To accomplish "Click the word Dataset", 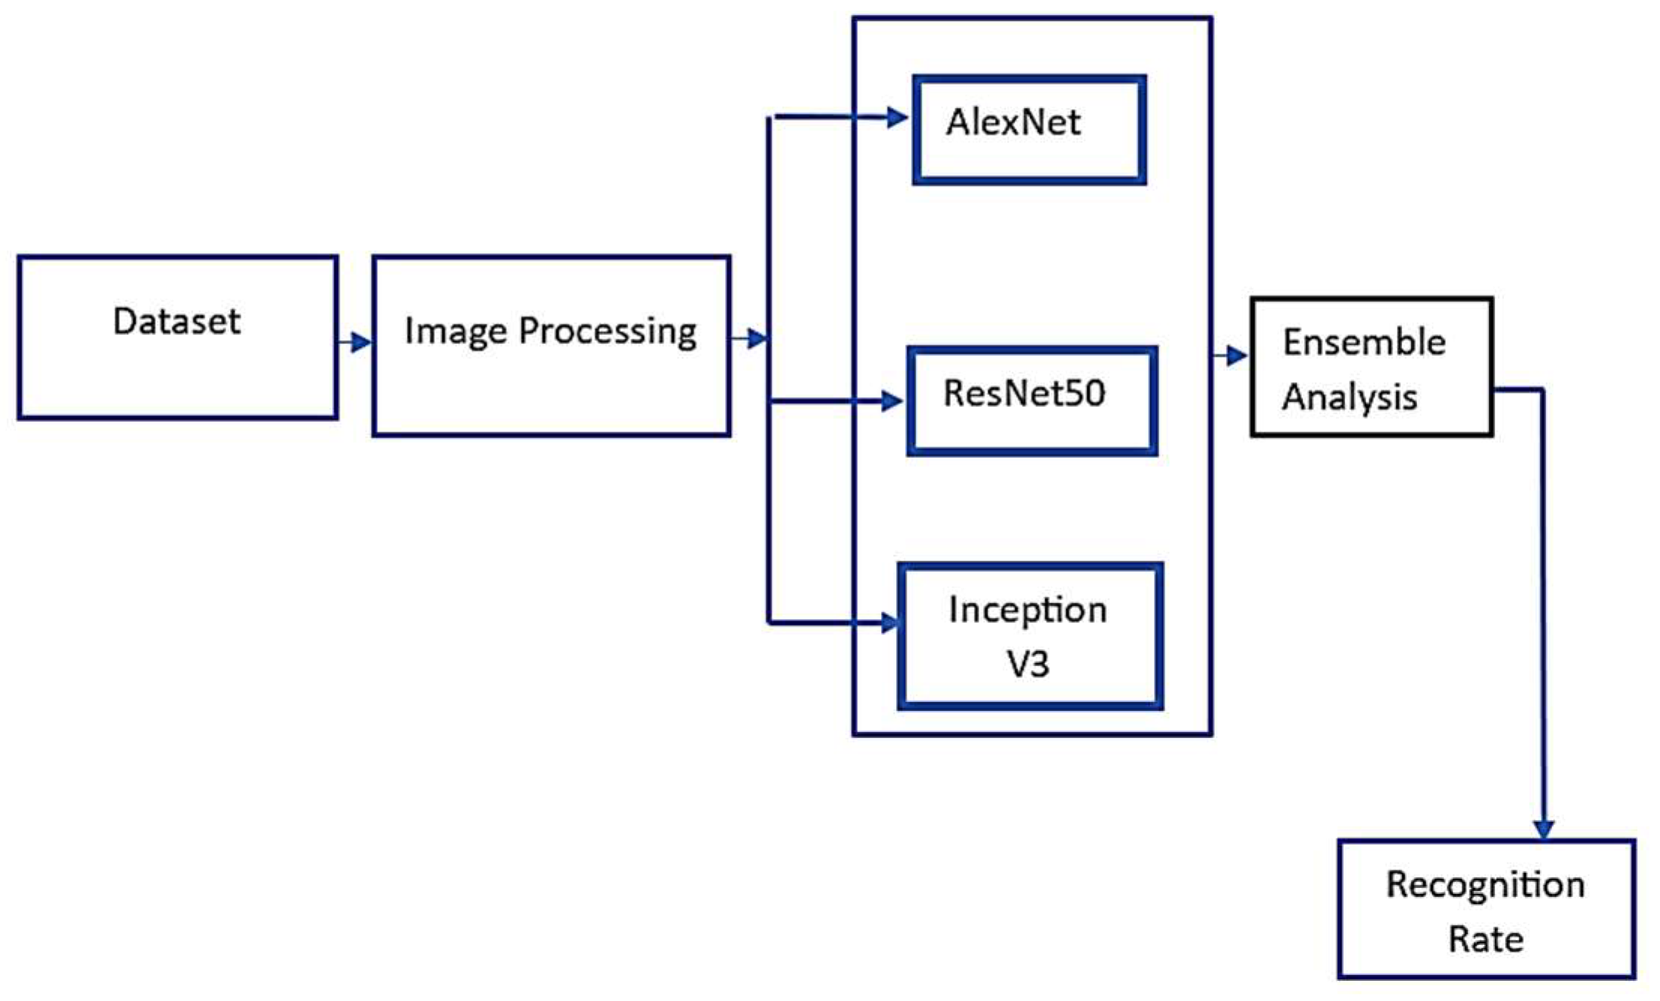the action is pyautogui.click(x=176, y=322).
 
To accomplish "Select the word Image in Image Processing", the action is pyautogui.click(x=455, y=331).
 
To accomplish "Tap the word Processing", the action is pyautogui.click(x=607, y=331).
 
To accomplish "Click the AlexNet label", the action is pyautogui.click(x=1013, y=122).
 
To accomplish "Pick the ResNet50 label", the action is pyautogui.click(x=1023, y=393).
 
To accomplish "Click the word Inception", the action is pyautogui.click(x=1027, y=610).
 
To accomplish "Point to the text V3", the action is pyautogui.click(x=1027, y=664).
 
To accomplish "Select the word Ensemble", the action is pyautogui.click(x=1364, y=342).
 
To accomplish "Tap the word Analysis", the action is pyautogui.click(x=1349, y=397).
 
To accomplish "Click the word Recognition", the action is pyautogui.click(x=1485, y=885).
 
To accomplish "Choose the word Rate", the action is pyautogui.click(x=1485, y=940).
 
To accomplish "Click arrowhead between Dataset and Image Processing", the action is pyautogui.click(x=361, y=342).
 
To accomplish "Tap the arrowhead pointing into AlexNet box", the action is pyautogui.click(x=897, y=117).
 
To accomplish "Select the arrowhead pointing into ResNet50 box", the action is pyautogui.click(x=891, y=401).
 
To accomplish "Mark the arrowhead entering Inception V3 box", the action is pyautogui.click(x=889, y=623).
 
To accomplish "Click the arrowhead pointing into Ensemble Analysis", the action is pyautogui.click(x=1237, y=355).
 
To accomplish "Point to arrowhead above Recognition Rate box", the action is pyautogui.click(x=1543, y=829).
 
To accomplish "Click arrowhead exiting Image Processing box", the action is pyautogui.click(x=757, y=339).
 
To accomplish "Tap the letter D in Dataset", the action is pyautogui.click(x=123, y=322).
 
